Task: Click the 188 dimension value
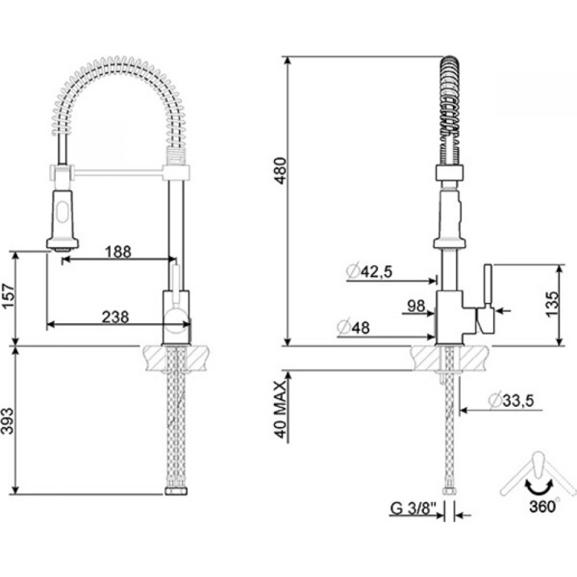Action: (x=118, y=252)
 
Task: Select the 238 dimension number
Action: (x=115, y=317)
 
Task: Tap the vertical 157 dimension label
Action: (x=8, y=297)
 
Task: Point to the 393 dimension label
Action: (x=8, y=421)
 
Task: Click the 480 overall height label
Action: (x=280, y=171)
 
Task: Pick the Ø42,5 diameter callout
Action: (x=369, y=271)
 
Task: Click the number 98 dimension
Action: (x=416, y=305)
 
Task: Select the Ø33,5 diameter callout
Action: (x=511, y=400)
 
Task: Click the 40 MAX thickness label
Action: (x=280, y=410)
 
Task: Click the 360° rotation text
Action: (x=544, y=507)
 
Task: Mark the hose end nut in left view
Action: (x=176, y=491)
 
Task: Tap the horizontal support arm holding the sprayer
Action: (x=118, y=172)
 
